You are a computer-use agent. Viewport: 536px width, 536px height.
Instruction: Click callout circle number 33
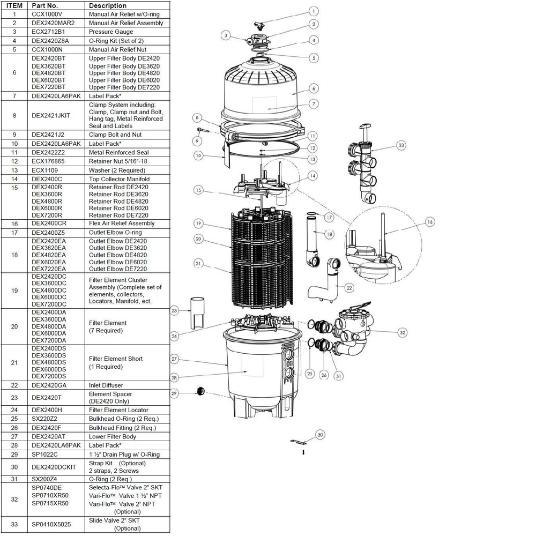pyautogui.click(x=401, y=145)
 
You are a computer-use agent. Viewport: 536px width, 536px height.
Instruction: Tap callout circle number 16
pyautogui.click(x=429, y=221)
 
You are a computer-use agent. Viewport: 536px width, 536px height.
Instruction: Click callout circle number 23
pyautogui.click(x=174, y=310)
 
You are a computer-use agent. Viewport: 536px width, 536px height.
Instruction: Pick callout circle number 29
pyautogui.click(x=174, y=393)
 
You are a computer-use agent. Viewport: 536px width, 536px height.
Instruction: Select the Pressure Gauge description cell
pyautogui.click(x=111, y=32)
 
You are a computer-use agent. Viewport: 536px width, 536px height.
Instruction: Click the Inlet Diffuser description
pyautogui.click(x=106, y=385)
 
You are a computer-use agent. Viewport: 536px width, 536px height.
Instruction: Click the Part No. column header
pyautogui.click(x=44, y=5)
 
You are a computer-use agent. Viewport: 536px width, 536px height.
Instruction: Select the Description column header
pyautogui.click(x=108, y=5)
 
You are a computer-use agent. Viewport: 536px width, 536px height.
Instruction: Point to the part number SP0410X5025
pyautogui.click(x=51, y=524)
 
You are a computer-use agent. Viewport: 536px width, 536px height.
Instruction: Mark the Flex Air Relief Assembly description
pyautogui.click(x=121, y=224)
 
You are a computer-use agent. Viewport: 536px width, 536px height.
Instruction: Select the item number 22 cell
pyautogui.click(x=14, y=385)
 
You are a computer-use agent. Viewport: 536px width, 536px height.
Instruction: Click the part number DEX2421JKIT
pyautogui.click(x=50, y=115)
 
